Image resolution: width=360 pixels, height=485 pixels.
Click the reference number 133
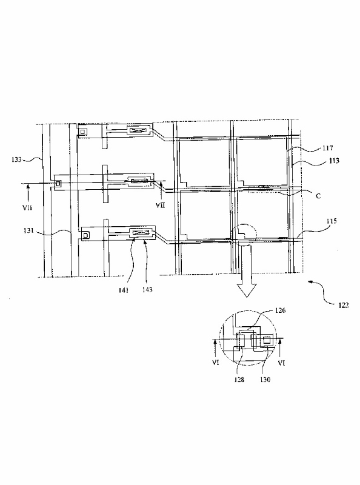coord(16,159)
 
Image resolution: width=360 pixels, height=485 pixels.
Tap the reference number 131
coord(28,230)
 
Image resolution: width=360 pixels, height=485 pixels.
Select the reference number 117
coord(327,148)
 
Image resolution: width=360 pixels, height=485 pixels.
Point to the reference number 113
coord(334,161)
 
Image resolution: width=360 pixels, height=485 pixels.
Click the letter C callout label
coord(318,196)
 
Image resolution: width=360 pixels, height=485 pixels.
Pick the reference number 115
coord(332,221)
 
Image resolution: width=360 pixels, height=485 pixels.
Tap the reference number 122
coord(343,305)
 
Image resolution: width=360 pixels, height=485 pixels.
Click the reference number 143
coord(147,290)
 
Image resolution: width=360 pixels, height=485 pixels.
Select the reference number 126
coord(280,310)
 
